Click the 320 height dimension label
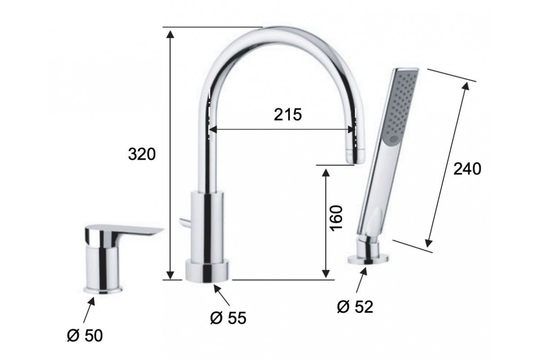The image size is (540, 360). click(142, 154)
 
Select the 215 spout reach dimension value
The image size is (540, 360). click(288, 115)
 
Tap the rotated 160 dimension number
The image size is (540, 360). click(337, 218)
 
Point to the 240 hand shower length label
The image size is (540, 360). click(467, 169)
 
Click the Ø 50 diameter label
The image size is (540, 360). click(85, 335)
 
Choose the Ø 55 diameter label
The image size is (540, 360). click(228, 318)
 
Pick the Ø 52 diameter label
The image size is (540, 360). click(355, 307)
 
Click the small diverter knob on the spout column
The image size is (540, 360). click(184, 222)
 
